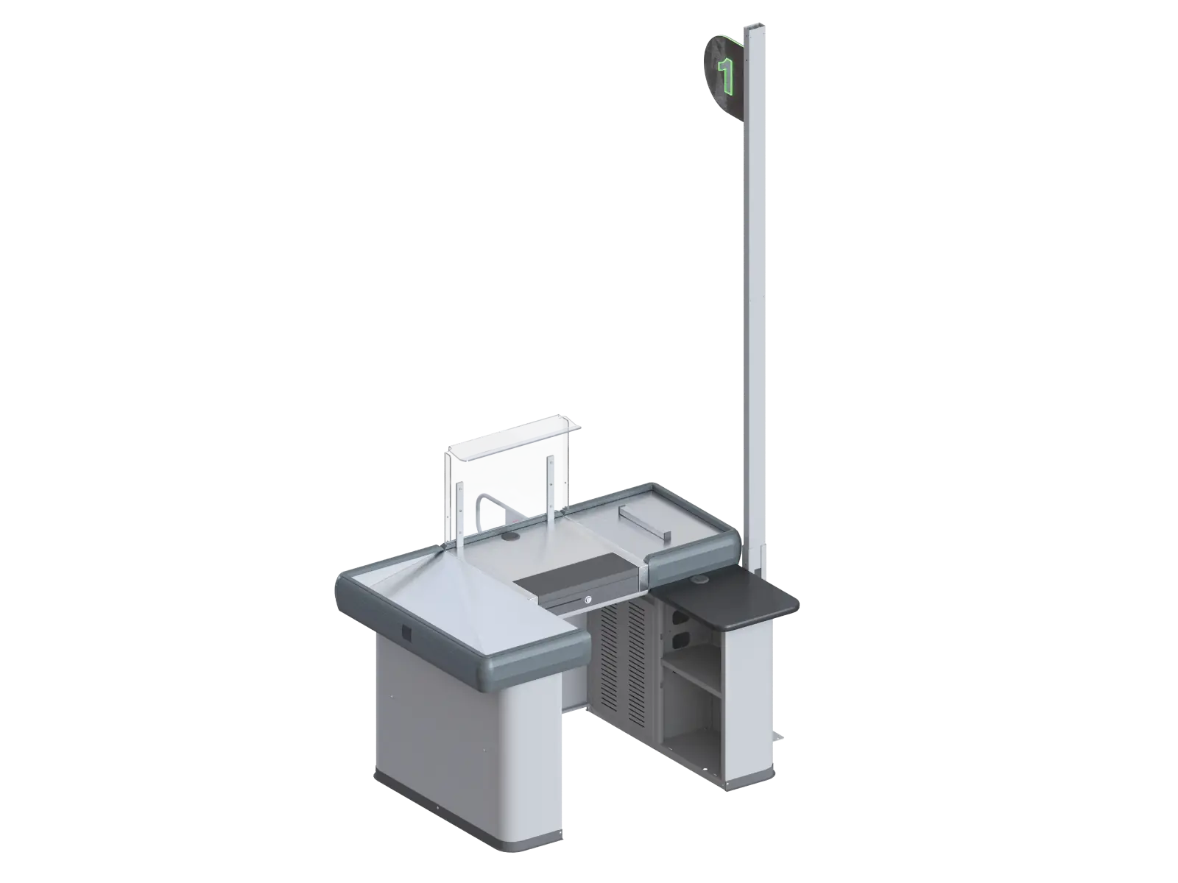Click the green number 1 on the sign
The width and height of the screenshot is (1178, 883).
click(726, 74)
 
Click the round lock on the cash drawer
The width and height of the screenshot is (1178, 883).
click(589, 600)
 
